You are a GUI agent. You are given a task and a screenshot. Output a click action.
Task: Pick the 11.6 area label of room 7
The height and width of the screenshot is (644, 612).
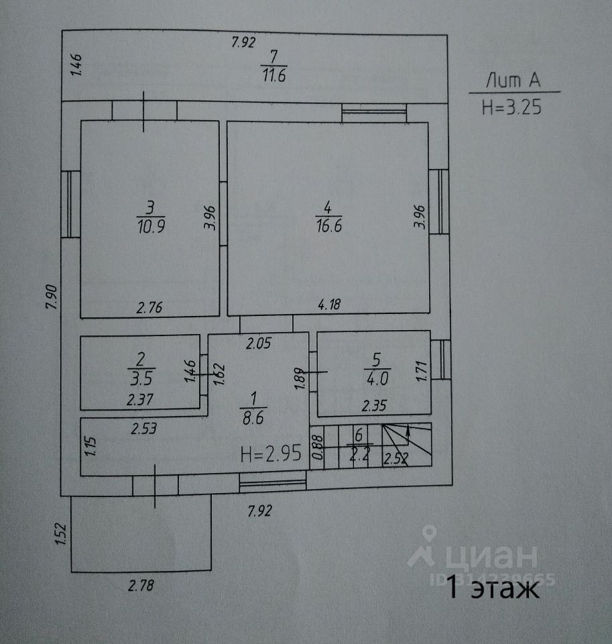point(273,76)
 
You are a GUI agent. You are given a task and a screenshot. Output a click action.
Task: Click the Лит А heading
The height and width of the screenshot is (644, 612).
point(513,81)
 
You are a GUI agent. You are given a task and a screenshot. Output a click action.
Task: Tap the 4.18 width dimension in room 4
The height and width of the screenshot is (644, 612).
point(329,305)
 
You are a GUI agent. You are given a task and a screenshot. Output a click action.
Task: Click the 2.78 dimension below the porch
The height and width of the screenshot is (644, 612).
point(141,586)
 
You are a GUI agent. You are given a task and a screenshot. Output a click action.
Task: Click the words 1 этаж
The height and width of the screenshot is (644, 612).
point(493,589)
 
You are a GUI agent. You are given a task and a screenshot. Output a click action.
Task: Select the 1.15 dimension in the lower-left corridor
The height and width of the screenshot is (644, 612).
point(93,447)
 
